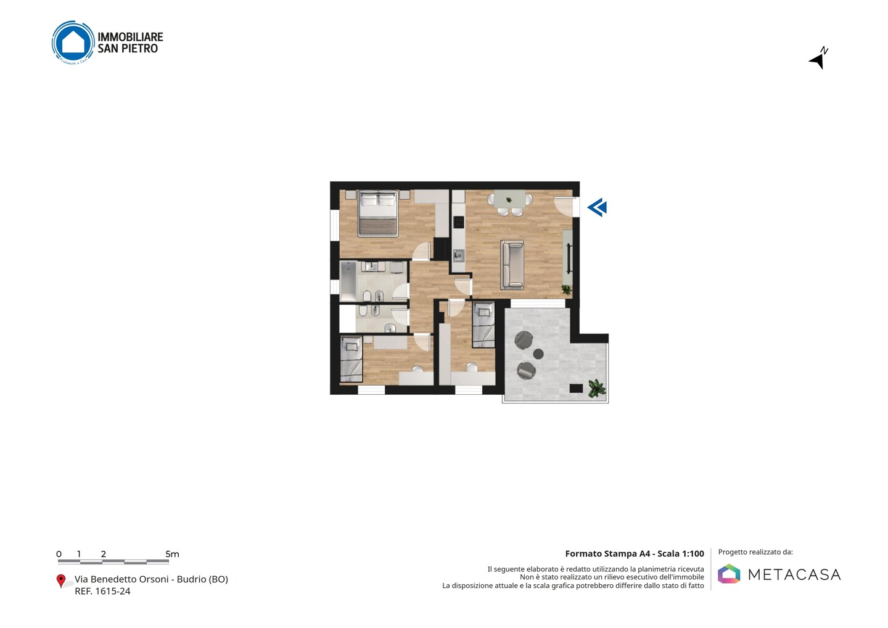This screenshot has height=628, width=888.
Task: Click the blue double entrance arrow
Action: (597, 207)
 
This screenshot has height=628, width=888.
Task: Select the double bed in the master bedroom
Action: (378, 213)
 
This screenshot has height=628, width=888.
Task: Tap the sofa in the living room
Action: (512, 265)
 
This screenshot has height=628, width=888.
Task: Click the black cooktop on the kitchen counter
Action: (459, 223)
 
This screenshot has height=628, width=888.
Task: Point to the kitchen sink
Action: (459, 256)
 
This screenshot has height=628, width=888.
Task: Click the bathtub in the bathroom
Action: (348, 280)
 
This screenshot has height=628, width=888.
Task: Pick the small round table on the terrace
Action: (538, 353)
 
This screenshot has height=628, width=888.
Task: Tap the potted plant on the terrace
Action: (597, 388)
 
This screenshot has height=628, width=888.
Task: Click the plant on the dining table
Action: (509, 200)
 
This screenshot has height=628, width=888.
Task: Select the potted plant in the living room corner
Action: (566, 289)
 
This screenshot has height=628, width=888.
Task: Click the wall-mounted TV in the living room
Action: (569, 258)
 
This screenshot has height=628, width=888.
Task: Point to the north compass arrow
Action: (819, 58)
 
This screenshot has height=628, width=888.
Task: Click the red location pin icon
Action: (60, 581)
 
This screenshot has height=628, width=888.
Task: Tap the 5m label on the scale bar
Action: (173, 554)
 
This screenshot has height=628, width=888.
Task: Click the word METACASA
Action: (794, 574)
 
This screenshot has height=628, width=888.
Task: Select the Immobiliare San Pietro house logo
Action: (73, 43)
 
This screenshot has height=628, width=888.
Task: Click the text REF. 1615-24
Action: (102, 591)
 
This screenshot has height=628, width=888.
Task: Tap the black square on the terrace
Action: (576, 388)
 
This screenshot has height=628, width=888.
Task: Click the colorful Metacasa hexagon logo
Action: (729, 574)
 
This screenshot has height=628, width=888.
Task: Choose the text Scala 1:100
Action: (681, 553)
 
